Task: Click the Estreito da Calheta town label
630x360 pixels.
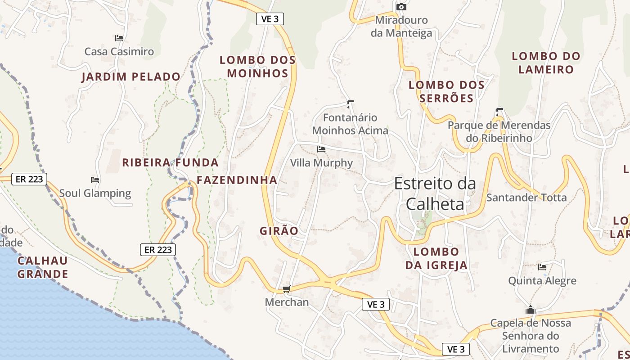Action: pyautogui.click(x=435, y=194)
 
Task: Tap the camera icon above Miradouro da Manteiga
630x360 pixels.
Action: pyautogui.click(x=401, y=7)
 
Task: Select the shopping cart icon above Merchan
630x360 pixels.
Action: pyautogui.click(x=286, y=289)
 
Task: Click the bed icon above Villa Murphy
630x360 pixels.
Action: pyautogui.click(x=321, y=149)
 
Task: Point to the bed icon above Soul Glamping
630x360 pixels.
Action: pyautogui.click(x=95, y=180)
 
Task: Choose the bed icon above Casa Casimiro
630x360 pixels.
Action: pyautogui.click(x=119, y=38)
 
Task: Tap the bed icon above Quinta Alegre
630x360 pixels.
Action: pyautogui.click(x=542, y=267)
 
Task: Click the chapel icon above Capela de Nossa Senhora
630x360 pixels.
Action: pyautogui.click(x=531, y=310)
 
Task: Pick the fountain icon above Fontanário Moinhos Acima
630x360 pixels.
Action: pyautogui.click(x=351, y=105)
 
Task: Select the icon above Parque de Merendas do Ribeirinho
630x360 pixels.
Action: pyautogui.click(x=499, y=111)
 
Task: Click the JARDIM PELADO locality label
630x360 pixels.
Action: pyautogui.click(x=131, y=77)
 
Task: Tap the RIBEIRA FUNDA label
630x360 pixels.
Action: pyautogui.click(x=171, y=162)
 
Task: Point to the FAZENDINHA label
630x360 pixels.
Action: pyautogui.click(x=237, y=180)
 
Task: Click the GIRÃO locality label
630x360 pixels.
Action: pyautogui.click(x=279, y=231)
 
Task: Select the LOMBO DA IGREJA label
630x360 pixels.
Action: pyautogui.click(x=436, y=258)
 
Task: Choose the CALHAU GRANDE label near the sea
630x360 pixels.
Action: pyautogui.click(x=43, y=267)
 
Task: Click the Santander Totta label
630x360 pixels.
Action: pyautogui.click(x=526, y=198)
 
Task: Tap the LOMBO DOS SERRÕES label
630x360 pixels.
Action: pyautogui.click(x=446, y=91)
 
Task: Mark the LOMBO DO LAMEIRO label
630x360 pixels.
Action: pyautogui.click(x=546, y=63)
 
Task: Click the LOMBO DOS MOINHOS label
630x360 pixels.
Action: pyautogui.click(x=257, y=67)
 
